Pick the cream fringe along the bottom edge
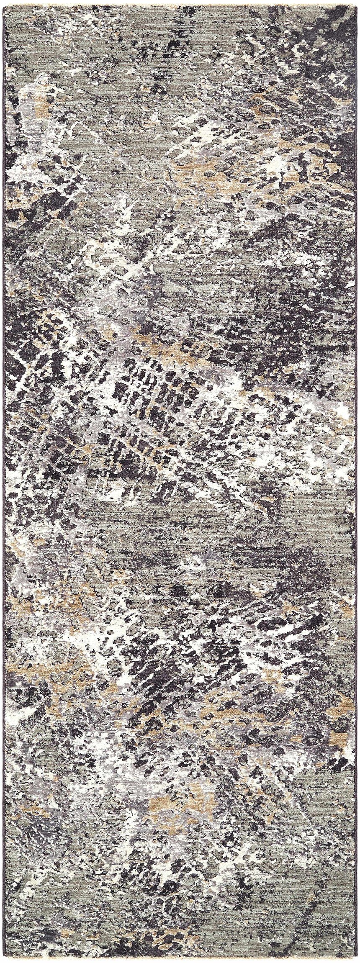click(180, 960)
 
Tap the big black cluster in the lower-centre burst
click(151, 670)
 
